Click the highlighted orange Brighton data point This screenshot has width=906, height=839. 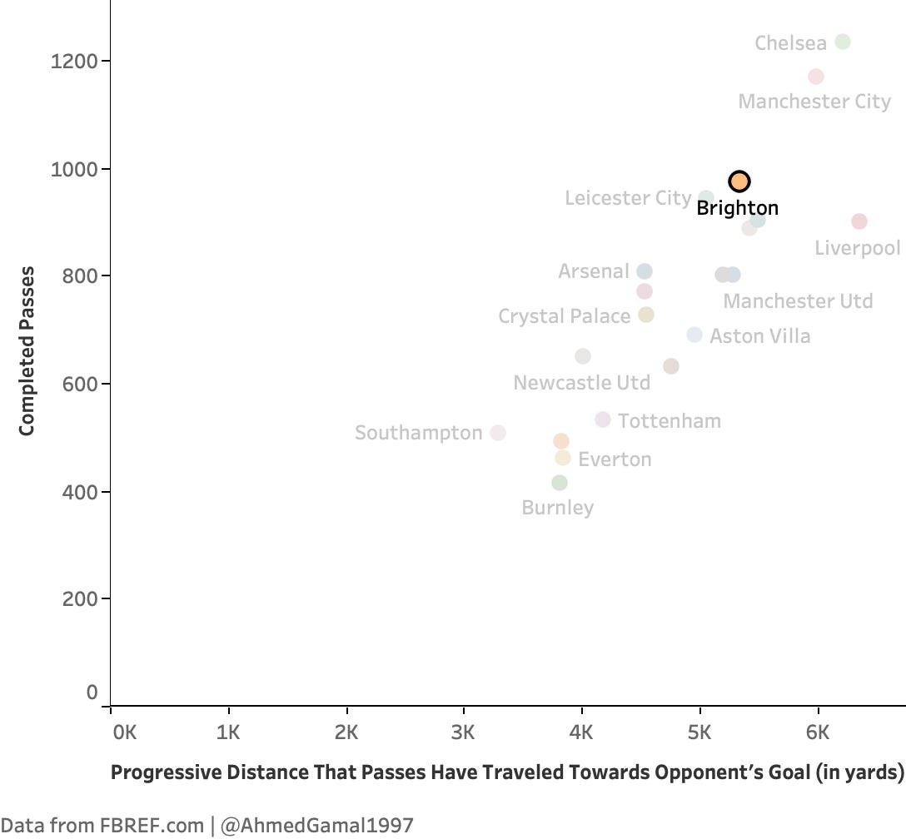(739, 181)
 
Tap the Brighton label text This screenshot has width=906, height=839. (737, 208)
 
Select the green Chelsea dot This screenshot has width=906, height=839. (843, 42)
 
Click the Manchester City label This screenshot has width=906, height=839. (814, 102)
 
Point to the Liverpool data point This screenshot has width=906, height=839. (859, 221)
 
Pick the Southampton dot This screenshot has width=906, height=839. (498, 433)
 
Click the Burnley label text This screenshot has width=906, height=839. (558, 508)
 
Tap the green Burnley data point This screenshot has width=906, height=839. (560, 482)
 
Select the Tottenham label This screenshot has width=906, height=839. (670, 421)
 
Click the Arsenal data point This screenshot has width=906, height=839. (645, 271)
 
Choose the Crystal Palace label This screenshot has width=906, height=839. (564, 316)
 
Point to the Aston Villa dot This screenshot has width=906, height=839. (694, 335)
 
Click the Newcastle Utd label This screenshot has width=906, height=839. (582, 383)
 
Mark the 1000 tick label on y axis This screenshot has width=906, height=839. (73, 170)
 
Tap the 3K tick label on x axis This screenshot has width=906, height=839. (463, 732)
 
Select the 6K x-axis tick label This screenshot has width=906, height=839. (818, 732)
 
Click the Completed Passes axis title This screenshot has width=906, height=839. (27, 350)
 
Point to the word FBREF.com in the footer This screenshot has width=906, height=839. (152, 826)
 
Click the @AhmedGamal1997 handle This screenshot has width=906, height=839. (317, 826)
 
